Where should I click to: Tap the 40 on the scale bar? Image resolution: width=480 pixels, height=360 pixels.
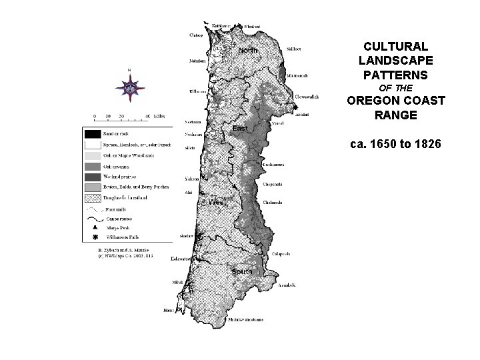(x=147, y=115)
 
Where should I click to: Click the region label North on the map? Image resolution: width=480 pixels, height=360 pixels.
(x=248, y=51)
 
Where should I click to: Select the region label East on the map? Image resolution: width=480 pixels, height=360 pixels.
(x=240, y=127)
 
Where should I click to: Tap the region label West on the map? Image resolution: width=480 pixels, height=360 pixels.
(x=217, y=202)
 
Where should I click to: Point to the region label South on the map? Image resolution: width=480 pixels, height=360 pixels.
(x=241, y=271)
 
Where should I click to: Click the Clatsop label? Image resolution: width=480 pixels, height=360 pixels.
(x=196, y=35)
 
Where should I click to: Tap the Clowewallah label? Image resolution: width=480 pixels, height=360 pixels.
(x=307, y=97)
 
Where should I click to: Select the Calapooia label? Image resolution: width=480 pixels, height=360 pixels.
(x=281, y=254)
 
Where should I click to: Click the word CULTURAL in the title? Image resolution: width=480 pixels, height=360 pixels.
(x=395, y=47)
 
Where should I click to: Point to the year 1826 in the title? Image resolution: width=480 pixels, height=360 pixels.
(x=425, y=143)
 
